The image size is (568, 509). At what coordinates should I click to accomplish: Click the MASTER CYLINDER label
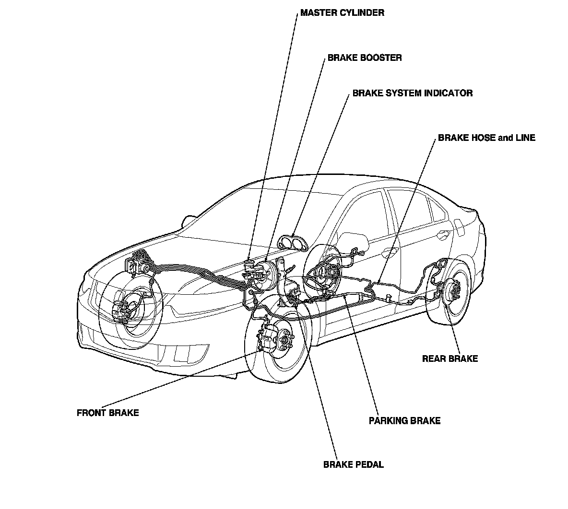pos(342,13)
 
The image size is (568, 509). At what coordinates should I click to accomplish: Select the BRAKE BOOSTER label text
pos(365,58)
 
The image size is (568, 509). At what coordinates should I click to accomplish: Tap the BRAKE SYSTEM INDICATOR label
pos(412,93)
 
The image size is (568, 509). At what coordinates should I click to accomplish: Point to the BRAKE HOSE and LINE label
pos(486,138)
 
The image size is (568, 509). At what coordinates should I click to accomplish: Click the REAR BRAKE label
pos(450,359)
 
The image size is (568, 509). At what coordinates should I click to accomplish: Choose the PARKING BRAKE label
pos(404,421)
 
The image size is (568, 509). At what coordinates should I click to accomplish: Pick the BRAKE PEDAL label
pos(353,464)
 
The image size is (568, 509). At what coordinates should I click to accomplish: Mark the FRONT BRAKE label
pos(107,413)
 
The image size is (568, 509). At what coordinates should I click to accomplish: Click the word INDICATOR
pos(448,93)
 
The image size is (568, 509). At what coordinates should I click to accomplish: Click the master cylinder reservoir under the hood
pos(250,266)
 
